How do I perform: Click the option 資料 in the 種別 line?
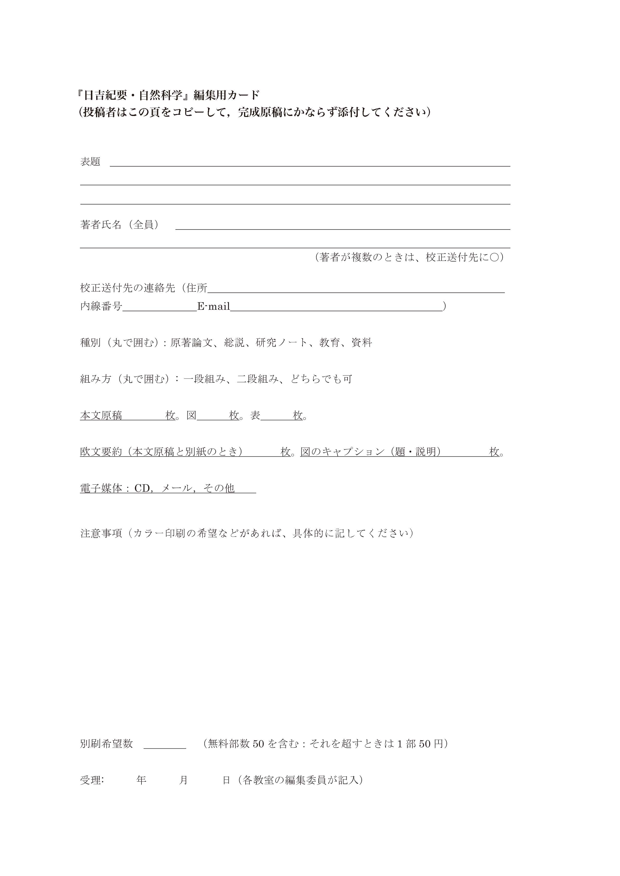coord(362,343)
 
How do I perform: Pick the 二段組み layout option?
coord(258,379)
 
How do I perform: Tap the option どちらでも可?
coord(322,379)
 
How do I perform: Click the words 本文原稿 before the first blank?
coord(101,416)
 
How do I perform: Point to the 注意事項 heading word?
coord(101,533)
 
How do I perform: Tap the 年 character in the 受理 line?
coord(141,780)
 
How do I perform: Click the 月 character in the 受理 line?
coord(184,780)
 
